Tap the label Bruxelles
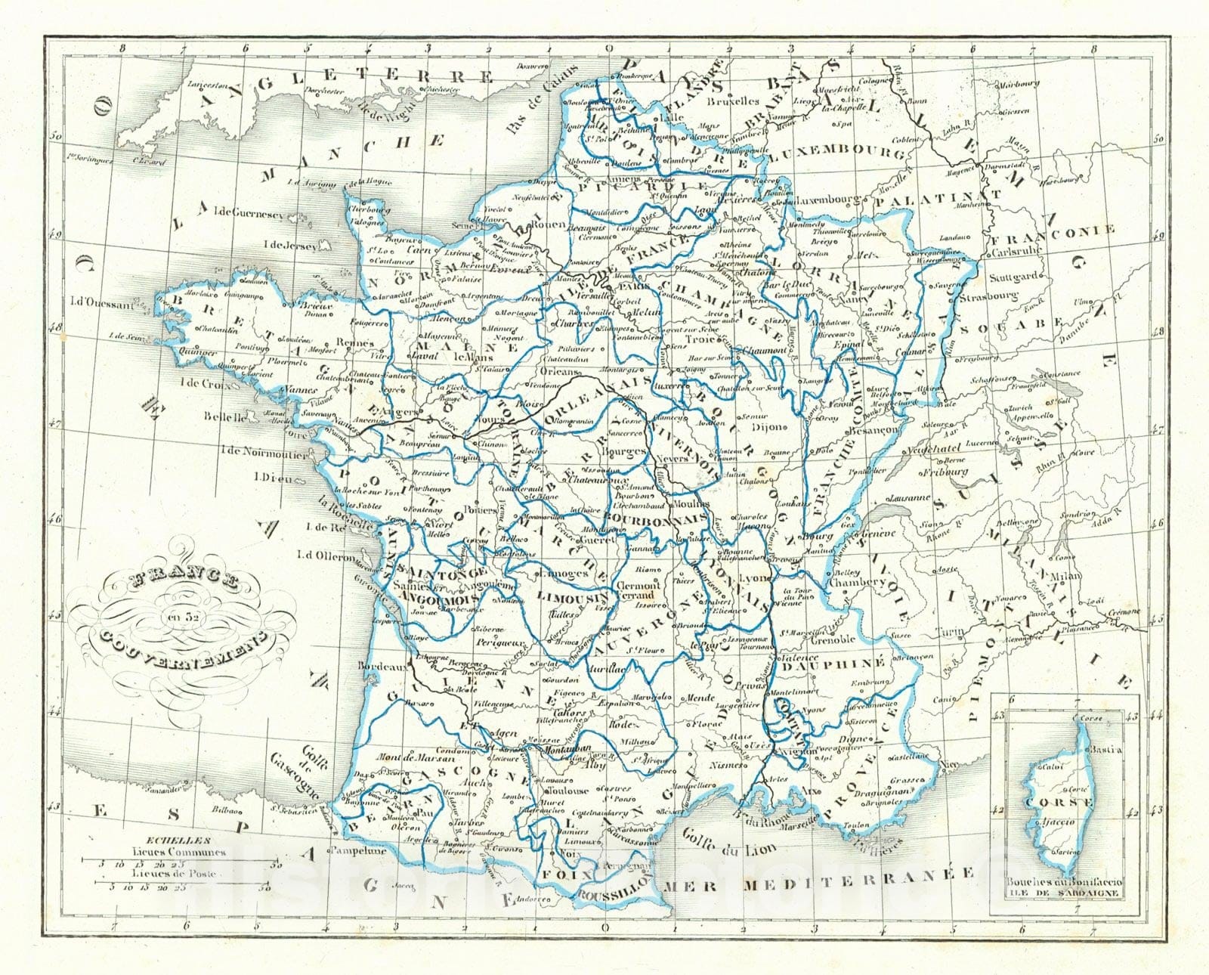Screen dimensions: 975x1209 (x=733, y=100)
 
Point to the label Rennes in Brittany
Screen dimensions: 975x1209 (x=355, y=342)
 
